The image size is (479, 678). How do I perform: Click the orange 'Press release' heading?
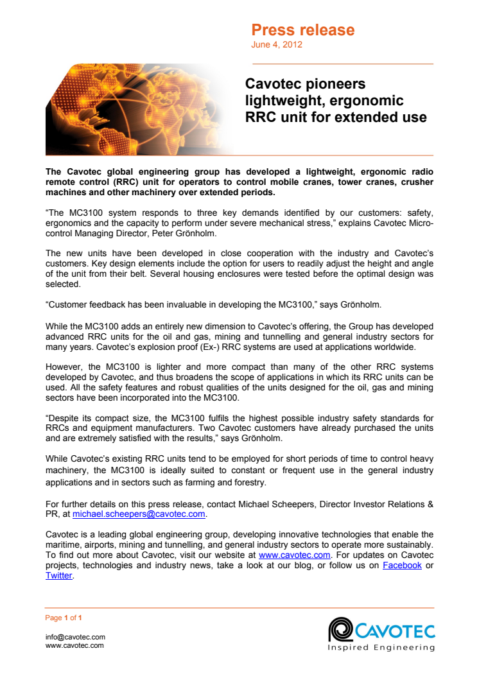[302, 30]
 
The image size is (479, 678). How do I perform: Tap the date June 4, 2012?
[276, 45]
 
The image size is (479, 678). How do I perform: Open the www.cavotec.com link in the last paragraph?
[294, 555]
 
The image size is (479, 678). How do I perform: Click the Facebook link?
[402, 565]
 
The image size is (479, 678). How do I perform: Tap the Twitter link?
[59, 575]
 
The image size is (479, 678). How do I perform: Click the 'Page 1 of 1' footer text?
[64, 618]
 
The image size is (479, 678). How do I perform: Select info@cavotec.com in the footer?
[74, 637]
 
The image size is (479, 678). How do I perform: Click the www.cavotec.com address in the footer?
[74, 645]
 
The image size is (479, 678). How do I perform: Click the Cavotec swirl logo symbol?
[338, 629]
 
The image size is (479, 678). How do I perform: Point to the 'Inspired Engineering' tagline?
[381, 647]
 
